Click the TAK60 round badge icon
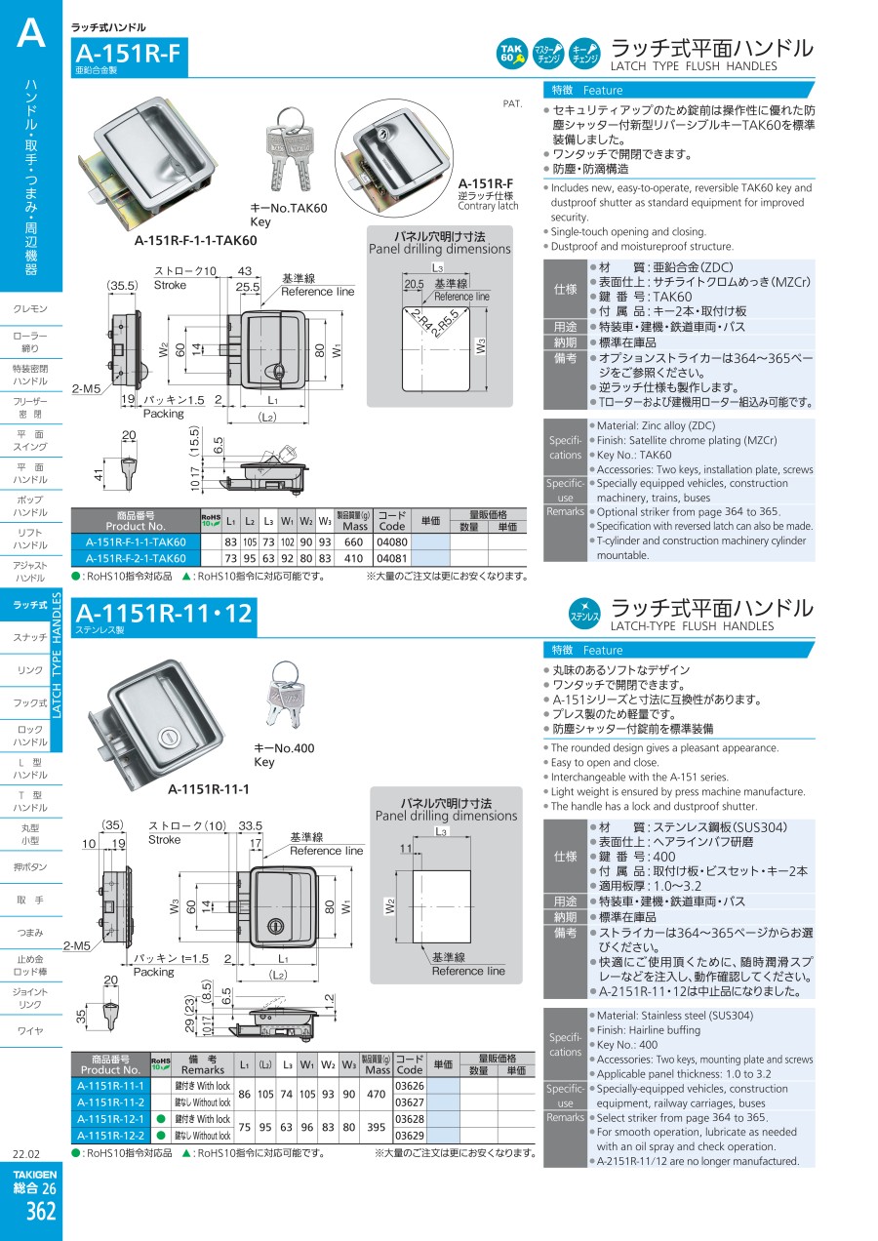click(x=511, y=54)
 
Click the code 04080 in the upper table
click(x=391, y=541)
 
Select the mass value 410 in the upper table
click(x=353, y=558)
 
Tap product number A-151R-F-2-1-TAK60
click(x=136, y=558)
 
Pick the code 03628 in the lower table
click(x=410, y=1119)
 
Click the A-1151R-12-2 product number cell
click(x=111, y=1136)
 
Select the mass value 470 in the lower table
click(x=377, y=1095)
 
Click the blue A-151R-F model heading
click(x=128, y=54)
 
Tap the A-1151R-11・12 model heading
click(x=164, y=614)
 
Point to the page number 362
click(x=41, y=1212)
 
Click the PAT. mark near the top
click(x=512, y=103)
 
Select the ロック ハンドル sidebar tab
click(x=30, y=736)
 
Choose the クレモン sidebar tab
click(x=30, y=308)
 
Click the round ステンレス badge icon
click(x=585, y=615)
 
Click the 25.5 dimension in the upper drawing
click(x=247, y=287)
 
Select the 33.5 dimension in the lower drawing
click(x=251, y=825)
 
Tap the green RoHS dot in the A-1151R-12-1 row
click(x=161, y=1119)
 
